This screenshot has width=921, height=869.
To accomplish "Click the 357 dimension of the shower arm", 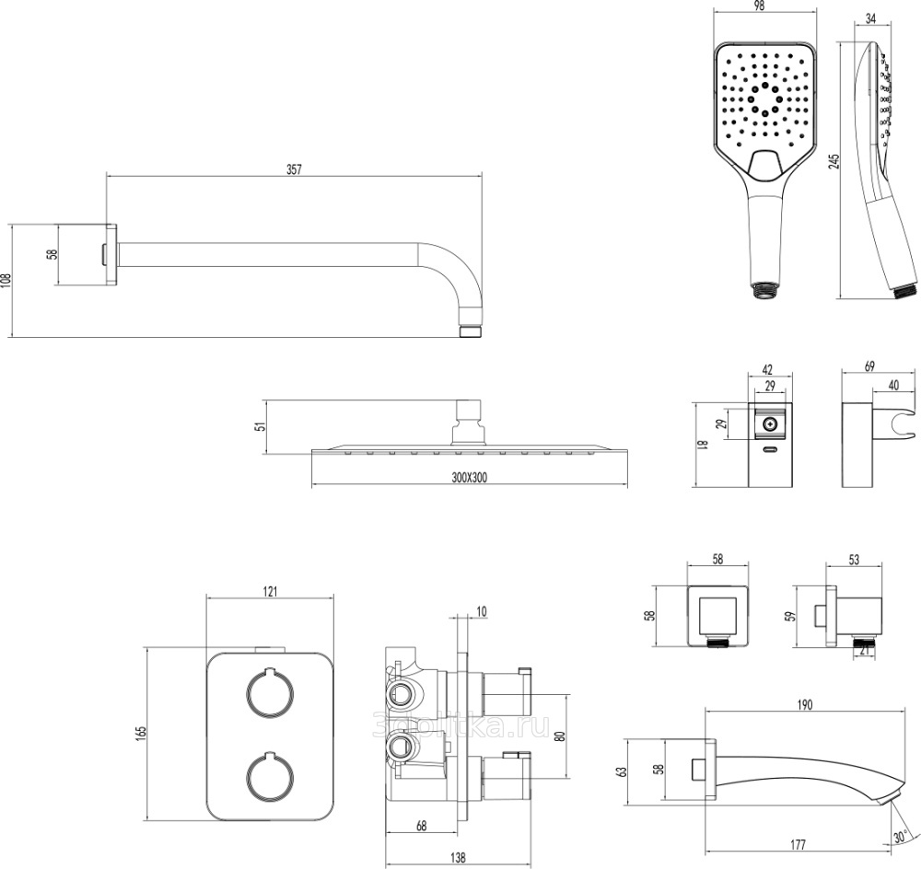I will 294,168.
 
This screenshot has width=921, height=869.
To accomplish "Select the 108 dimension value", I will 6,280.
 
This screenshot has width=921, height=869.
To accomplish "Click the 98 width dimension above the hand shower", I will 759,6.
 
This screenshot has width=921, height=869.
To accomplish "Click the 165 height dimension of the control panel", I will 140,735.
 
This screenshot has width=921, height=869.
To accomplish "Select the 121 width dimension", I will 270,592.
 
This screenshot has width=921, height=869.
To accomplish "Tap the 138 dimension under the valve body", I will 456,856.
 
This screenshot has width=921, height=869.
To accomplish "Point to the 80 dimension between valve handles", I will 559,736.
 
